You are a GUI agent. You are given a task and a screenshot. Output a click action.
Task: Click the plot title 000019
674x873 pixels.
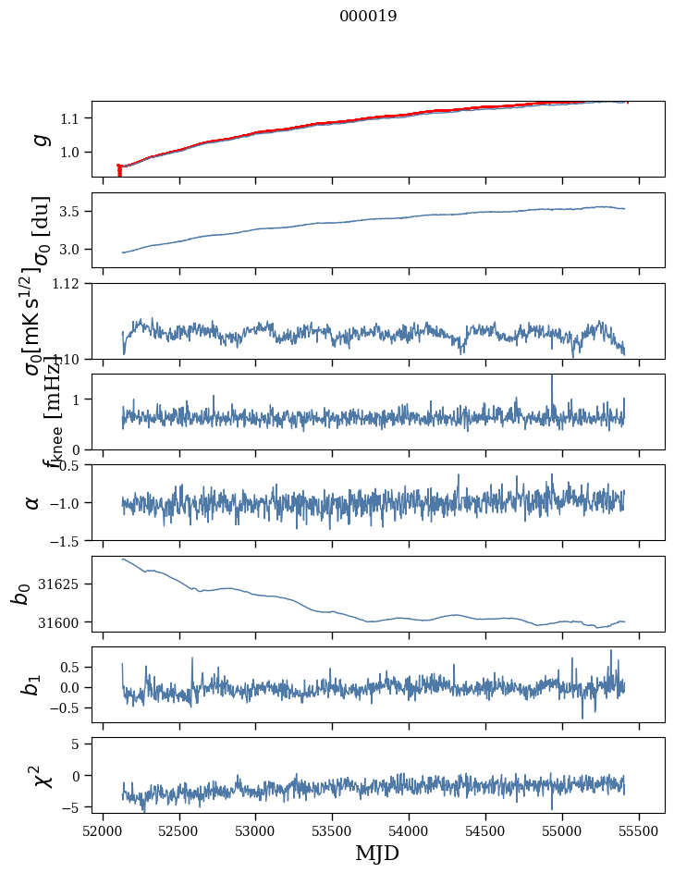click(368, 16)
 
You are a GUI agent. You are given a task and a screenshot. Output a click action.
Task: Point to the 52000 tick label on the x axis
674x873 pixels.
click(103, 830)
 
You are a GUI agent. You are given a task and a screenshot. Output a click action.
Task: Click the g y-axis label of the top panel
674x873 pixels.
click(39, 139)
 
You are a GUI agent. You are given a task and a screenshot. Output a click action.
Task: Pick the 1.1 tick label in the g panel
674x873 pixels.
click(74, 118)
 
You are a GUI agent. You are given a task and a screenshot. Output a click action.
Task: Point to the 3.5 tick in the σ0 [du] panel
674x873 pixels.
click(74, 212)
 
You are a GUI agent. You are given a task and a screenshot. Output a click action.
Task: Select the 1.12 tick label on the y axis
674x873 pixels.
click(71, 284)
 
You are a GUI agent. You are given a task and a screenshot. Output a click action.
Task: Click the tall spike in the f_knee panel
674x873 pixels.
click(552, 377)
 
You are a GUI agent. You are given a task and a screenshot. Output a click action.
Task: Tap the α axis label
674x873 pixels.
click(33, 501)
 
